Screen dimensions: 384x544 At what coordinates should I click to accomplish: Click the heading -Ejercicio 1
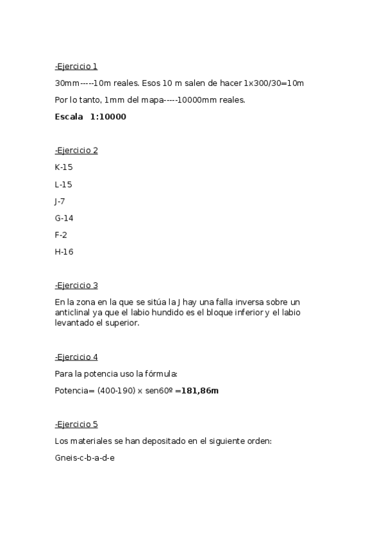click(76, 66)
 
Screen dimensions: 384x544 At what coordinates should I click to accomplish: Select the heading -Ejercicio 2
click(76, 151)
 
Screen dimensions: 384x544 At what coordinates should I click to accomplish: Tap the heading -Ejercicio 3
click(76, 285)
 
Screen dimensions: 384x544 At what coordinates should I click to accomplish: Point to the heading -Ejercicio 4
click(76, 357)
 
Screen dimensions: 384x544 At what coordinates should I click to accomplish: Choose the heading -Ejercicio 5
click(76, 424)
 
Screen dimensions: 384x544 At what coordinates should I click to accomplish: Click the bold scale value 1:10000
click(108, 117)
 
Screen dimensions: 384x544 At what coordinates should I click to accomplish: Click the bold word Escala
click(69, 117)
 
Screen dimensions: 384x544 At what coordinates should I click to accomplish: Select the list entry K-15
click(64, 167)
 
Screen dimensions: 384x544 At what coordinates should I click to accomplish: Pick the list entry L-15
click(63, 185)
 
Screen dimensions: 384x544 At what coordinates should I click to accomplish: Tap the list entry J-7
click(60, 201)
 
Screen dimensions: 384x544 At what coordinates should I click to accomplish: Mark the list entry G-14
click(64, 218)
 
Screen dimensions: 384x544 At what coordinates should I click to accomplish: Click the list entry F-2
click(61, 235)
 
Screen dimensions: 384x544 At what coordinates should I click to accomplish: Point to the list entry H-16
click(64, 251)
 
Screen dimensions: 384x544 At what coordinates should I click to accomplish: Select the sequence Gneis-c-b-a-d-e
click(85, 458)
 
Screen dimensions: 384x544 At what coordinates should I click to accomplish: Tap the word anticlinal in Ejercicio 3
click(73, 312)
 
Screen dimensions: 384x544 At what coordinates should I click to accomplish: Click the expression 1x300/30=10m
click(274, 83)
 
